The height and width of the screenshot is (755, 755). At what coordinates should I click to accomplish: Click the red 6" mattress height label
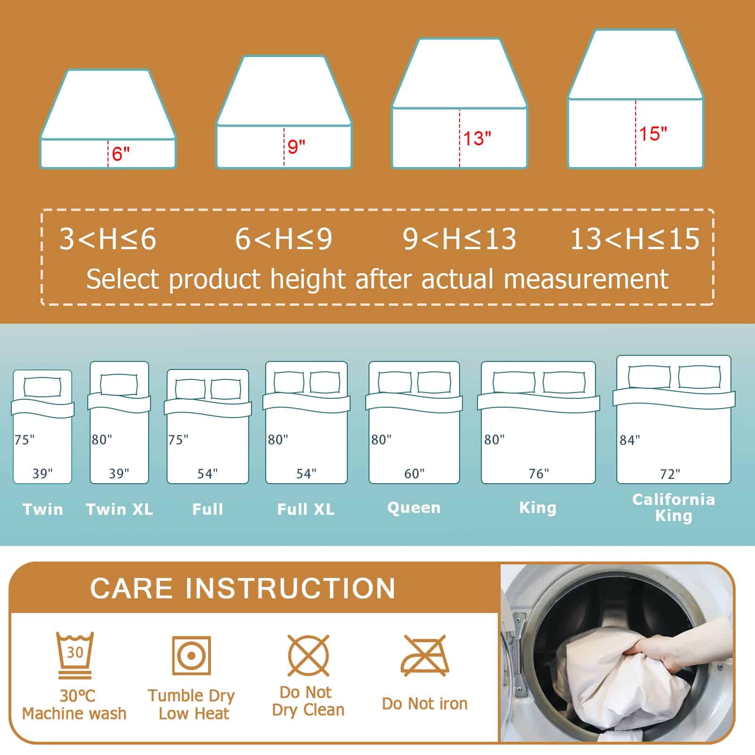pos(121,153)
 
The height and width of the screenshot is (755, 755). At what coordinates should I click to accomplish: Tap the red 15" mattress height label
pos(653,134)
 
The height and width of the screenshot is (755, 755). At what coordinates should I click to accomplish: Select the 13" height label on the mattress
pos(477,138)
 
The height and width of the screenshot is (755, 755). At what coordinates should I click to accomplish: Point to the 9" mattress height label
pos(296,146)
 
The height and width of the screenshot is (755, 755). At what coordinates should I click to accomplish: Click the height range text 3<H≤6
pos(108,239)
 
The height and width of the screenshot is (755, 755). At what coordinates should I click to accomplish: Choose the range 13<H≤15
pos(635,239)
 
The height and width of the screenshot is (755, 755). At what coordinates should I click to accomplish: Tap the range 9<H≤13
pos(459,239)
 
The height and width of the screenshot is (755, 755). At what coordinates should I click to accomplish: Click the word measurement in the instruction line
pos(586,279)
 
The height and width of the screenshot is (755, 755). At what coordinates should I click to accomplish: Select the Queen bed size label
pos(414,508)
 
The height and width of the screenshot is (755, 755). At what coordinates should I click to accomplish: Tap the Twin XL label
pos(119,509)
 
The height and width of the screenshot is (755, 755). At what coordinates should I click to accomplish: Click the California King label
pos(673,507)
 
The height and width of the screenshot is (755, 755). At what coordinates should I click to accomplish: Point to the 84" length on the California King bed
pos(630,440)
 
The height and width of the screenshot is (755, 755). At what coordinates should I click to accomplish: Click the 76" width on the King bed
pos(539,473)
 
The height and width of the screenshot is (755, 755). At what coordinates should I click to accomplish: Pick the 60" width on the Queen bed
pos(414,473)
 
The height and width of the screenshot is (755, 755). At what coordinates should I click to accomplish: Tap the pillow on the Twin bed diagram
pos(42,387)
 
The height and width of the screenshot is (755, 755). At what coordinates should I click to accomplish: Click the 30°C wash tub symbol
pos(75,655)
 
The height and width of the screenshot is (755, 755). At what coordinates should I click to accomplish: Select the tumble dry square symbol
pos(191,655)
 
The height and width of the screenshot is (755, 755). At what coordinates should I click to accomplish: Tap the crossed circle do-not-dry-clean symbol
pos(308,655)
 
